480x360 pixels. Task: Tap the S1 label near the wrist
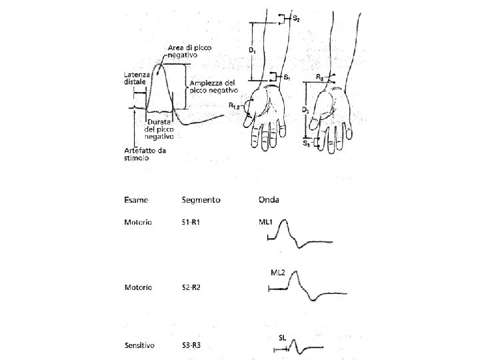click(x=287, y=78)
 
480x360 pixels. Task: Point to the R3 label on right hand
click(x=321, y=77)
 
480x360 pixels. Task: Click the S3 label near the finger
click(x=305, y=143)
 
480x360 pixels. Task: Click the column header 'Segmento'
click(x=201, y=199)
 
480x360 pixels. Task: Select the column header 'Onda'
click(x=269, y=199)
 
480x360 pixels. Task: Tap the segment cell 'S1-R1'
click(x=193, y=222)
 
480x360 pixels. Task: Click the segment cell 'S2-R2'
click(x=193, y=287)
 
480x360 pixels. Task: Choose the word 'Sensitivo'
click(x=139, y=346)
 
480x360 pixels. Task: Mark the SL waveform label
click(x=282, y=338)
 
